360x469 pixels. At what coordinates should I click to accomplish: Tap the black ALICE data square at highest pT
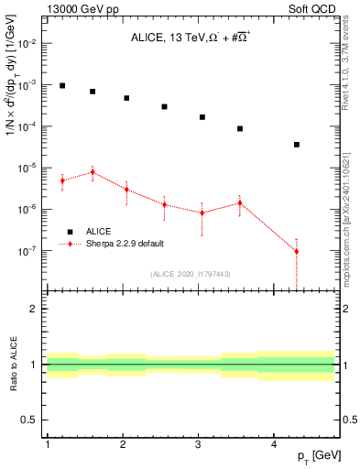(297, 145)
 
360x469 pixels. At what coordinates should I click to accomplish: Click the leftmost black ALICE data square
(62, 86)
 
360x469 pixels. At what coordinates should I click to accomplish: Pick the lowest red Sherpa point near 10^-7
(297, 251)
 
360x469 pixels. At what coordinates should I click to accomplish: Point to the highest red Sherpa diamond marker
(93, 171)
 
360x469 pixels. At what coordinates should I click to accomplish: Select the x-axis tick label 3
(199, 445)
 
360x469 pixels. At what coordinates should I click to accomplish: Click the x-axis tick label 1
(47, 445)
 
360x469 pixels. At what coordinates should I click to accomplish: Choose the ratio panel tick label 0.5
(29, 420)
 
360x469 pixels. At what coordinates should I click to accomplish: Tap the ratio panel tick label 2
(33, 309)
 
